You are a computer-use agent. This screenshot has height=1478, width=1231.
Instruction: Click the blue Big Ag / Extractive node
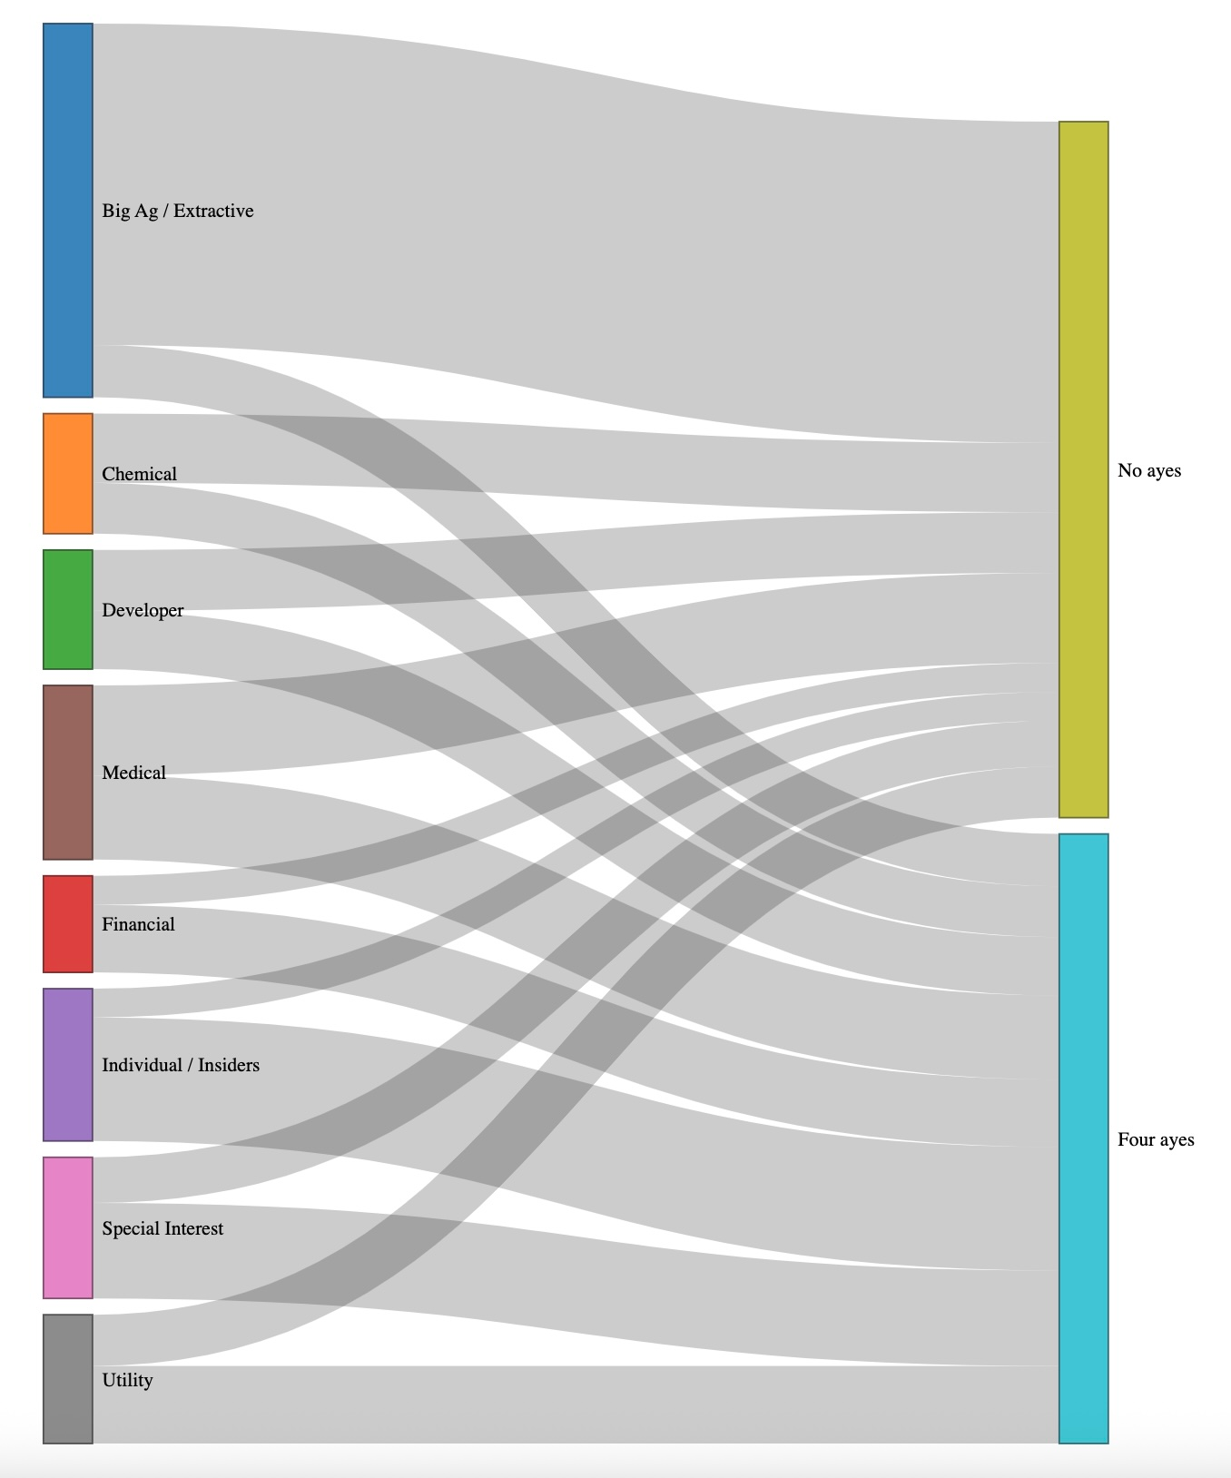point(68,211)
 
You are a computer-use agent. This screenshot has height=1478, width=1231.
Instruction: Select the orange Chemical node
point(68,474)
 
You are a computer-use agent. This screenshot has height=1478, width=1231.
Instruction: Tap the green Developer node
point(68,610)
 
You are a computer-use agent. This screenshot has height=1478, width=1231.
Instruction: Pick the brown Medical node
point(68,773)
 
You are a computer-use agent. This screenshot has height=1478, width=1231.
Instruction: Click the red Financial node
point(68,924)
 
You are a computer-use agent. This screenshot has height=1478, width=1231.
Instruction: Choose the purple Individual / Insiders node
point(68,1065)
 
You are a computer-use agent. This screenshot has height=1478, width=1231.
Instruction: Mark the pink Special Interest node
point(68,1228)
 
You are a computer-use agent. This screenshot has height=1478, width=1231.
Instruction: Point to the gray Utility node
point(68,1379)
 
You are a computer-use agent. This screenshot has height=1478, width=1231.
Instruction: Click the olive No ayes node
point(1084,469)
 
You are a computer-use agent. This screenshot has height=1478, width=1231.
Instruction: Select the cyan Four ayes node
point(1084,1138)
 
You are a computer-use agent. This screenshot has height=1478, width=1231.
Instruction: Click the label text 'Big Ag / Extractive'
point(178,211)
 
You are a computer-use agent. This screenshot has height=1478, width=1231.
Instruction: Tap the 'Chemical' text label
point(140,474)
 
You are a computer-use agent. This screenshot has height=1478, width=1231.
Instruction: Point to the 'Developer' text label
point(143,610)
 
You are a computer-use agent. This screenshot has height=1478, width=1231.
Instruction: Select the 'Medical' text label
point(134,773)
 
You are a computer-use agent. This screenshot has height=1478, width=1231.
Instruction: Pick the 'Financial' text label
point(138,924)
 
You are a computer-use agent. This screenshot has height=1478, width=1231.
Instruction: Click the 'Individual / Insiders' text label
point(181,1065)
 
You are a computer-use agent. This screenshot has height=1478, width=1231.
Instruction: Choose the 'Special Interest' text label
point(162,1228)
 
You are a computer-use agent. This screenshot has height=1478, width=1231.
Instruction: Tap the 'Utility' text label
point(127,1380)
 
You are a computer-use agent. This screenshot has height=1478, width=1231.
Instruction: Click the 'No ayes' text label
point(1149,470)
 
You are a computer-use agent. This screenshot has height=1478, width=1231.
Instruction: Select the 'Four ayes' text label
point(1156,1139)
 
